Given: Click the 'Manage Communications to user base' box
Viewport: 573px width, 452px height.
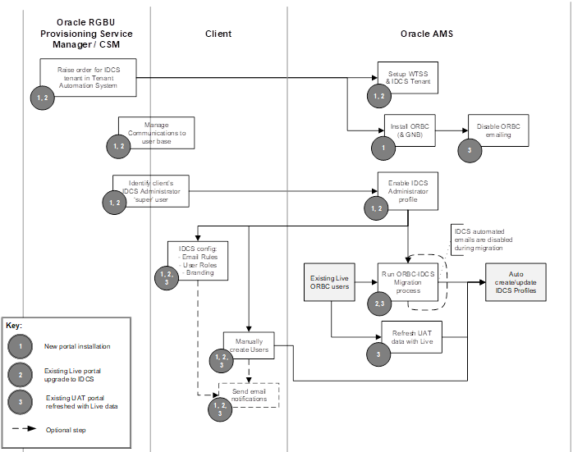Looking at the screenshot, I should pos(156,132).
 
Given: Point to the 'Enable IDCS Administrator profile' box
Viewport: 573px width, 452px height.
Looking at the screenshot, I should pos(408,190).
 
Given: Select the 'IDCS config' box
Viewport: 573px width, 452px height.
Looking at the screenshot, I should pos(196,260).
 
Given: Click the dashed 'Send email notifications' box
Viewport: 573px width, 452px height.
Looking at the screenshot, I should pos(248,395).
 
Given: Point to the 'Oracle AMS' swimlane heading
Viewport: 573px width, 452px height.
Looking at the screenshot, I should pos(426,34).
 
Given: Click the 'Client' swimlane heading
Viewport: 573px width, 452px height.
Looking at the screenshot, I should pos(218,34).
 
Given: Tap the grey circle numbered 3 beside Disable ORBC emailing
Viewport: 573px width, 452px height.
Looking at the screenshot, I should pos(469,151).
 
